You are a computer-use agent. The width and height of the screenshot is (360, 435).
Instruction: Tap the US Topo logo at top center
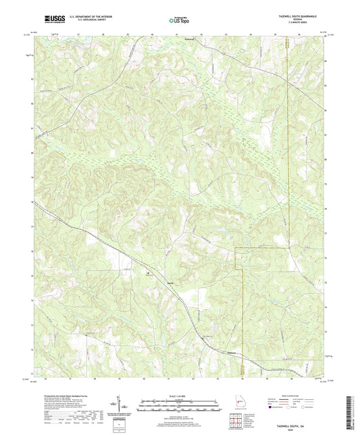tap(179, 20)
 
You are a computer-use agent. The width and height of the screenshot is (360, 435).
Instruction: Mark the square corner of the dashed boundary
tap(235, 249)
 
